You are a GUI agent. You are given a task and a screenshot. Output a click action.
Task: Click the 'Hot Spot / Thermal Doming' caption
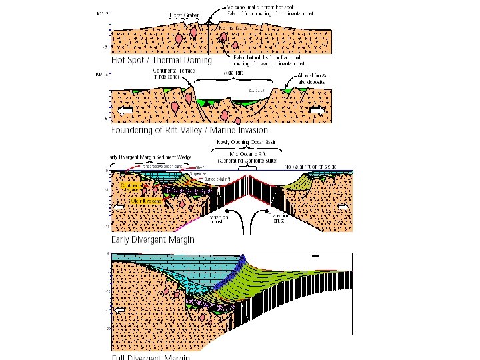(x=162, y=60)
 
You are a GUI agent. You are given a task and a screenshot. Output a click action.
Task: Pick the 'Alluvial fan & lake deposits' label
(x=310, y=77)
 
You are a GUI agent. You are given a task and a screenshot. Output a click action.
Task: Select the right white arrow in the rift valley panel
(x=319, y=109)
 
